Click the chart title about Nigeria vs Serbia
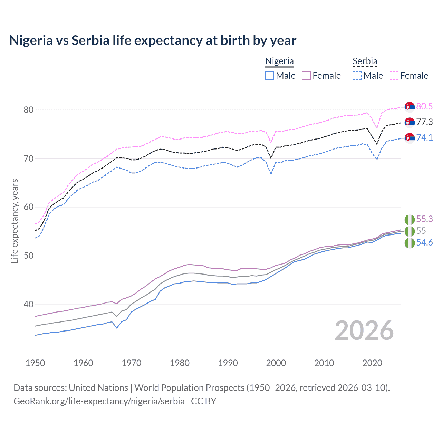pos(153,40)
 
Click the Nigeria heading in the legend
pos(279,61)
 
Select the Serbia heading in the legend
pos(365,61)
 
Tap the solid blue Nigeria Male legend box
pos(270,76)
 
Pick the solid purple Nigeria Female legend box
pos(306,76)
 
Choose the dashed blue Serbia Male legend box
pos(357,76)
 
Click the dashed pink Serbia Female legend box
pos(394,76)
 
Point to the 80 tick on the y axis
pos(28,110)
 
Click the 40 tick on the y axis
pos(28,305)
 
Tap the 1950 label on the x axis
pos(35,363)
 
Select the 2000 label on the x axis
pos(276,363)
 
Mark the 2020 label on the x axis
pos(372,363)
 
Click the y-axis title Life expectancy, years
pos(15,221)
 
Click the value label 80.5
pos(424,106)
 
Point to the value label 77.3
pos(424,122)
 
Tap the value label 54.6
pos(424,243)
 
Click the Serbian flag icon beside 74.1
pos(410,137)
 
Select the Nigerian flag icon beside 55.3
pos(410,219)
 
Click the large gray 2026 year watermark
pos(364,330)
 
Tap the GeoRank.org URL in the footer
pos(99,401)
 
